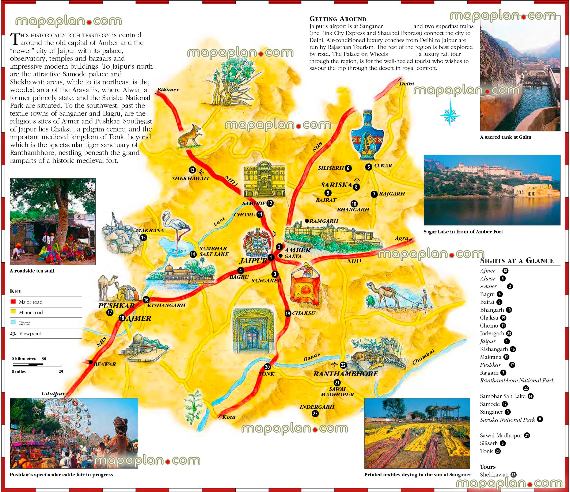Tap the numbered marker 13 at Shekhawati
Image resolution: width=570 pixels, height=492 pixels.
(x=192, y=170)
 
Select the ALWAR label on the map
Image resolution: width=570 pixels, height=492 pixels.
(x=383, y=165)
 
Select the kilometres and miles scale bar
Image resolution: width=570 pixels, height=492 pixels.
(x=37, y=365)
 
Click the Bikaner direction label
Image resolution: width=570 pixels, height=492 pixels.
(x=168, y=90)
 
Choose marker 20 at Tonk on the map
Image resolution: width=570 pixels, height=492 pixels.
(x=267, y=367)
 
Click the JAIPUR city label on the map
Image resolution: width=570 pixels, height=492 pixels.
(x=253, y=261)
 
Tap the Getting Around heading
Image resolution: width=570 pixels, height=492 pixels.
(x=338, y=19)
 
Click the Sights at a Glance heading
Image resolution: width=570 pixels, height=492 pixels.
(x=517, y=261)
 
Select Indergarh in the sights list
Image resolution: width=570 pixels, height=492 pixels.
(x=492, y=333)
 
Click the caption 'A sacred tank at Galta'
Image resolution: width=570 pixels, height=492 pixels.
(x=505, y=137)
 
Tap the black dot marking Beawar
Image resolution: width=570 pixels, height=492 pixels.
(x=91, y=362)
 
